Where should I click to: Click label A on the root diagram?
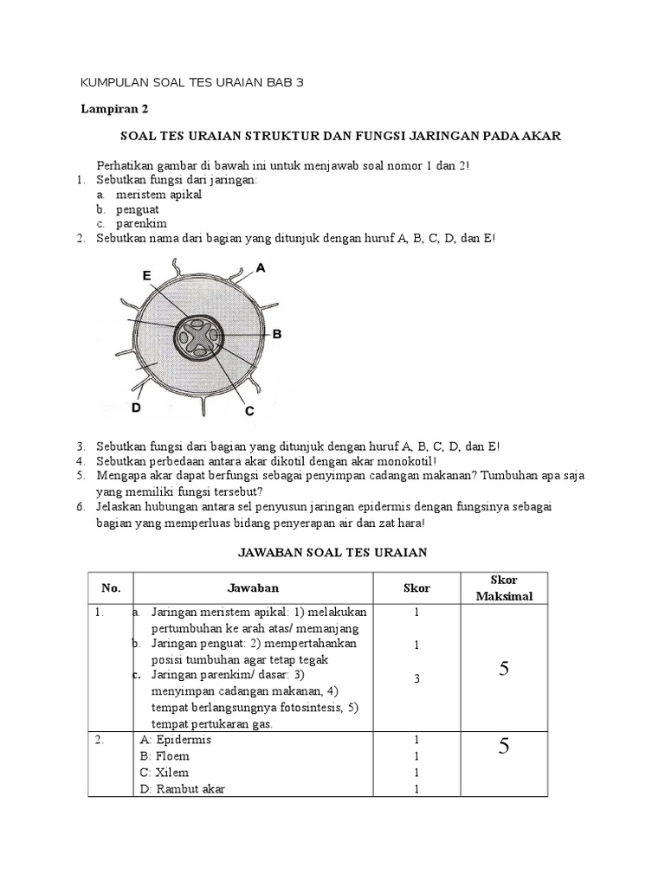pos(261,268)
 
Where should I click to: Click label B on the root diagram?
pos(276,333)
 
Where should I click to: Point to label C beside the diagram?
pos(249,411)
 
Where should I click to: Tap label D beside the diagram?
pos(135,406)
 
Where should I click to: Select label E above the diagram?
pos(147,275)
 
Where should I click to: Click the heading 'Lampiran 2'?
pos(113,109)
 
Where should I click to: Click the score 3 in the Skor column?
pos(416,678)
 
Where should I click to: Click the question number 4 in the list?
pos(80,461)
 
